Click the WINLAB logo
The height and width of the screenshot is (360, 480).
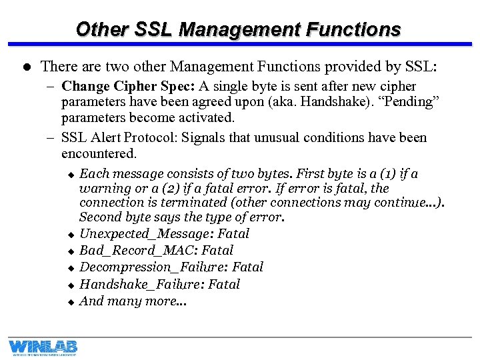(43, 347)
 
